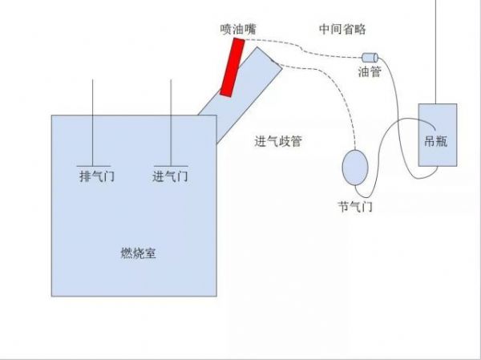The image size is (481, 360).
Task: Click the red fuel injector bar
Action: (232, 67)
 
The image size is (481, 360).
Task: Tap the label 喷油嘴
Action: (238, 30)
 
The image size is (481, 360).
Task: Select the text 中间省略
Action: (342, 29)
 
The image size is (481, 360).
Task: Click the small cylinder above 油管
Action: (370, 58)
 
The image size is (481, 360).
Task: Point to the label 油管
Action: (370, 72)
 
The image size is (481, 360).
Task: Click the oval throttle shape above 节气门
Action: (355, 168)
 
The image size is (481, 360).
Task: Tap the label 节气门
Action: (355, 207)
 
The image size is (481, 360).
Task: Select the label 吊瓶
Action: (435, 141)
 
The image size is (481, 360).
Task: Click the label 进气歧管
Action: (278, 141)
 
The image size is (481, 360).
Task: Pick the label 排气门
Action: (97, 176)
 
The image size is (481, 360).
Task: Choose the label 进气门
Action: (170, 176)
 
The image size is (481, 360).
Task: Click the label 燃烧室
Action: (138, 253)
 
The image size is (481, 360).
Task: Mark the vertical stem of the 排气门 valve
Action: (93, 123)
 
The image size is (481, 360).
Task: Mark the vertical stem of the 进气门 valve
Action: (171, 123)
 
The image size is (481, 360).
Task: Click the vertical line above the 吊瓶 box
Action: (435, 52)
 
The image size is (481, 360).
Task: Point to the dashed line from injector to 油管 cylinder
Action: (302, 49)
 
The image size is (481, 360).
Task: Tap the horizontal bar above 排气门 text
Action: (94, 166)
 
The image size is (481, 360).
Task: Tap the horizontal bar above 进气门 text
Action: (171, 166)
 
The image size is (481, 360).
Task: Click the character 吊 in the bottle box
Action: (430, 141)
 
